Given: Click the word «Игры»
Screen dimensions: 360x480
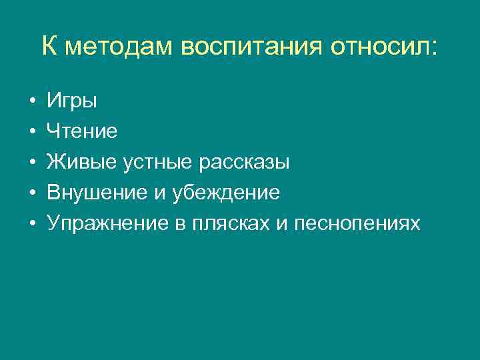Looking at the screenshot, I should pyautogui.click(x=72, y=101).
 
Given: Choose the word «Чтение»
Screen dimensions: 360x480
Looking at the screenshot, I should pyautogui.click(x=82, y=132).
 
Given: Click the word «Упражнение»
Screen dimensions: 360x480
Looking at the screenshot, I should pyautogui.click(x=103, y=224).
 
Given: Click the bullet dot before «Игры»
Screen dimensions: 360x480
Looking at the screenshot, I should pyautogui.click(x=32, y=102).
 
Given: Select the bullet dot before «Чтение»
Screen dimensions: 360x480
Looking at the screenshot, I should pyautogui.click(x=32, y=133).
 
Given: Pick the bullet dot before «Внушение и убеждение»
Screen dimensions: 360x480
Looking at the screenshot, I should pyautogui.click(x=32, y=194).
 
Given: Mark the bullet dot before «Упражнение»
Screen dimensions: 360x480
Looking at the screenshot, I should pyautogui.click(x=32, y=225).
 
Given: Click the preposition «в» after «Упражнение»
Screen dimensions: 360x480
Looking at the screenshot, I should pyautogui.click(x=179, y=225).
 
